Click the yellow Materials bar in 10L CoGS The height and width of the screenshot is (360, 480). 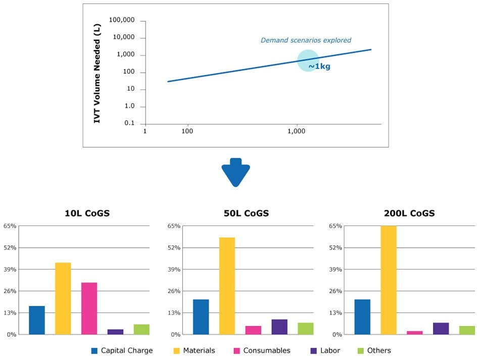63,298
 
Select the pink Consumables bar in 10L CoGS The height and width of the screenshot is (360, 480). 89,308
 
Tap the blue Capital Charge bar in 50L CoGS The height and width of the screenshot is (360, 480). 201,317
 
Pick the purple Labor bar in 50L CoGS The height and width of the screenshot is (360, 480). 279,327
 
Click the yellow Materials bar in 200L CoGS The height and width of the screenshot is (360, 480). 389,280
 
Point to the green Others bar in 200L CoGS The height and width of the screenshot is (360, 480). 467,330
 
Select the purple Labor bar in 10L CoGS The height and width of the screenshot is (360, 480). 115,332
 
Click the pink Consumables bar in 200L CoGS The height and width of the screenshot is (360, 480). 414,333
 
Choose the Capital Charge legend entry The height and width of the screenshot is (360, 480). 122,350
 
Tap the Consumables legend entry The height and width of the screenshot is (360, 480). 261,350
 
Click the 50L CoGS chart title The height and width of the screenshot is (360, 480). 246,213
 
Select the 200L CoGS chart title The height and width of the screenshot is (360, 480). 409,213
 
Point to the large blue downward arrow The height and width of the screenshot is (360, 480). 235,172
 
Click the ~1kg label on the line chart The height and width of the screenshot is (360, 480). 319,66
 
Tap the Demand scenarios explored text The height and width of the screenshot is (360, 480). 306,40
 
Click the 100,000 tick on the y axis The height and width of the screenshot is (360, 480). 122,20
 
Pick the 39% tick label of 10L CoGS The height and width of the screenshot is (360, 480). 10,269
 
